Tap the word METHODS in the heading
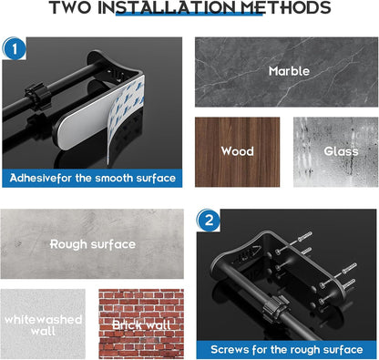coord(282,10)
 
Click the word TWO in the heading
coord(71,10)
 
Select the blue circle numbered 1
coord(15,50)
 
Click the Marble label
coord(289,70)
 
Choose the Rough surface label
coord(92,244)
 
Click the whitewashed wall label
coord(43,325)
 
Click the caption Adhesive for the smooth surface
coord(92,178)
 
